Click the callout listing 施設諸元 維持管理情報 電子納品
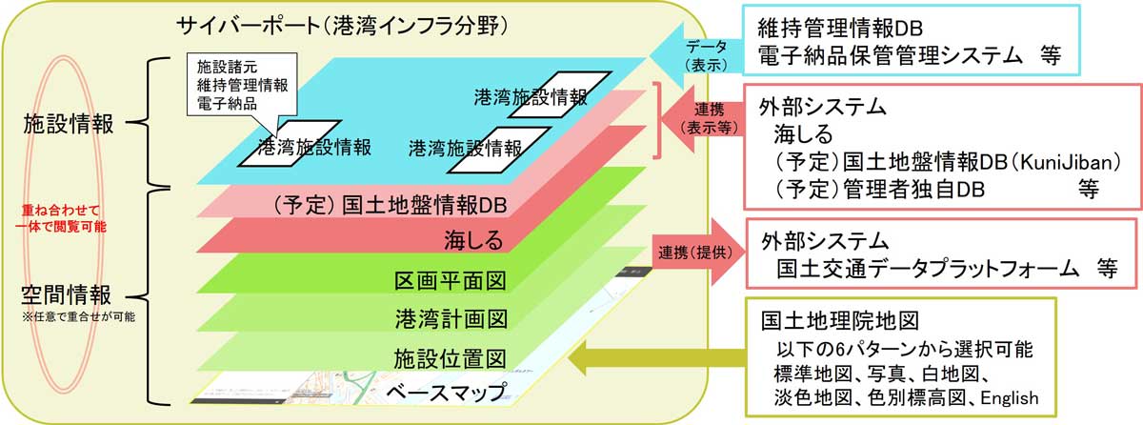click(x=242, y=85)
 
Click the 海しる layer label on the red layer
click(x=472, y=238)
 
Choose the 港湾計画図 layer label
click(x=449, y=317)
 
